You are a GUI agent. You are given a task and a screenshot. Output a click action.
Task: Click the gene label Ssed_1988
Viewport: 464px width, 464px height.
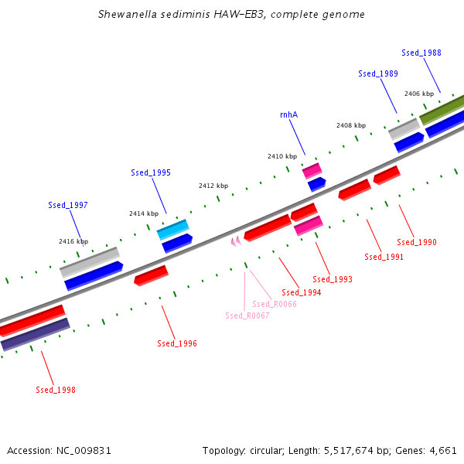[421, 53]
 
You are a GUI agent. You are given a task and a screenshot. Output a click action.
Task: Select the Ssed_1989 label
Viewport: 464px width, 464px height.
[378, 73]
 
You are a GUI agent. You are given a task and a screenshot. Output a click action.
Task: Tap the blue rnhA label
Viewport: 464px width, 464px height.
[288, 114]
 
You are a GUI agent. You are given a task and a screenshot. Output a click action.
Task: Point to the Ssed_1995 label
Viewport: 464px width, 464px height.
[151, 173]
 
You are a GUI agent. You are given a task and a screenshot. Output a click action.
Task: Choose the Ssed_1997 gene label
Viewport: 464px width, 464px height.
[68, 206]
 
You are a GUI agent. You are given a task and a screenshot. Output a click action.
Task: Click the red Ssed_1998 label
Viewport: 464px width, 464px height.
[56, 390]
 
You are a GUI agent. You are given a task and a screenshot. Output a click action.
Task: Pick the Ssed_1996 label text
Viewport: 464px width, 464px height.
[177, 343]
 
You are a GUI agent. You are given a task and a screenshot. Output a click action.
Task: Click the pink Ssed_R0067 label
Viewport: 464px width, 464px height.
[247, 316]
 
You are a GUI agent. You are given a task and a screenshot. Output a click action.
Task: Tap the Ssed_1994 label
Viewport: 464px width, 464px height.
[302, 292]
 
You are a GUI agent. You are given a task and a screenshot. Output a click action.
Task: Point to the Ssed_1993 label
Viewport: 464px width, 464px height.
[333, 279]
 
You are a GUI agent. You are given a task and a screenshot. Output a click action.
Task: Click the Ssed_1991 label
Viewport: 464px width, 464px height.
[384, 257]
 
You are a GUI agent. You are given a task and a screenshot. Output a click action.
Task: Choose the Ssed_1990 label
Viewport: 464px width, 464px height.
[417, 242]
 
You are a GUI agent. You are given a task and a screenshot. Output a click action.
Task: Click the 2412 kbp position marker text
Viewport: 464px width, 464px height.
[213, 186]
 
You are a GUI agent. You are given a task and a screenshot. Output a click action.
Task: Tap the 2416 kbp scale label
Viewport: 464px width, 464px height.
[73, 241]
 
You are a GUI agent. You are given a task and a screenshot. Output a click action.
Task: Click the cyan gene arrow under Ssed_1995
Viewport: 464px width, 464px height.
[173, 229]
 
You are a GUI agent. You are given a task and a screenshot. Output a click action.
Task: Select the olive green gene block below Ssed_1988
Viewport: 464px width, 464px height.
[442, 111]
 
